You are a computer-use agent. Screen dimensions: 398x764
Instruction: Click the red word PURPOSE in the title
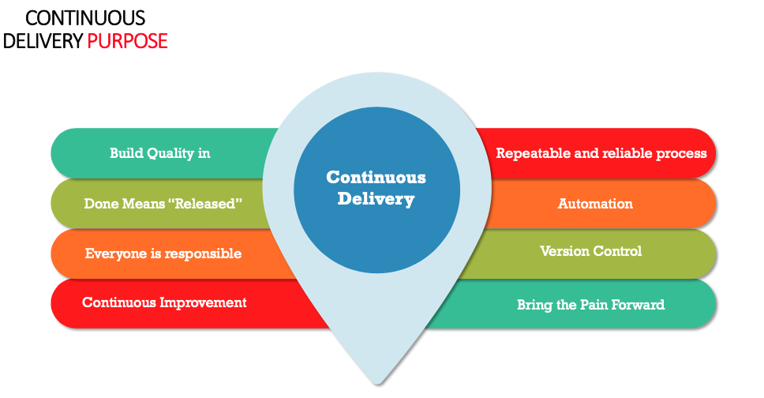pos(127,41)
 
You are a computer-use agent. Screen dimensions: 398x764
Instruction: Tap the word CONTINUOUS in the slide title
pos(85,17)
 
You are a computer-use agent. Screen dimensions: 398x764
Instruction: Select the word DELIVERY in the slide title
pos(43,41)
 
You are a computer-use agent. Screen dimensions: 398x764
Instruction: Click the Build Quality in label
pos(159,153)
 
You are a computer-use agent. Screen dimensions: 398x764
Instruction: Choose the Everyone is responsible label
pos(163,253)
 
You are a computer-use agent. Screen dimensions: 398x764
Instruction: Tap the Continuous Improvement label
pos(164,302)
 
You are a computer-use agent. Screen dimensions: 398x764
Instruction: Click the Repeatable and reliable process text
pos(601,153)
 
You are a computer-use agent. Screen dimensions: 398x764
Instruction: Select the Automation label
pos(595,204)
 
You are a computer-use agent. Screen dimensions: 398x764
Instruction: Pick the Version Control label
pos(590,251)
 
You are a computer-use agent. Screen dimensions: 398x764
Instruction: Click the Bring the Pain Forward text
pos(590,304)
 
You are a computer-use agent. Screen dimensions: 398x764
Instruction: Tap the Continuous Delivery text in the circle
pos(376,188)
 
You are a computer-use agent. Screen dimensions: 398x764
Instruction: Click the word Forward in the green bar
pos(639,304)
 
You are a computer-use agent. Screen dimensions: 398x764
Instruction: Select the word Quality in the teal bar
pos(170,153)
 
